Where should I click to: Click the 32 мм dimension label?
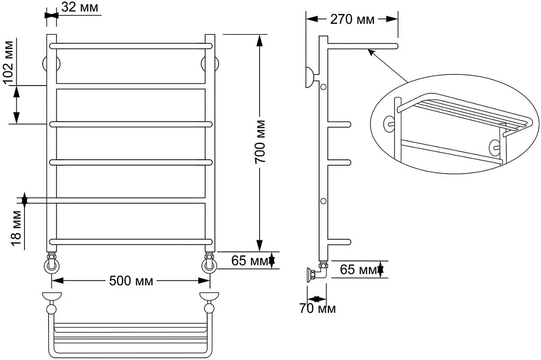tap(80, 7)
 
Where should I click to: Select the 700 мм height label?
tap(260, 141)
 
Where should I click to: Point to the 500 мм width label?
tap(131, 281)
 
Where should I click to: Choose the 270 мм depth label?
tap(352, 19)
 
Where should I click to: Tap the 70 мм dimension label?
tap(317, 308)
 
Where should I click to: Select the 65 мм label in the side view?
tap(358, 270)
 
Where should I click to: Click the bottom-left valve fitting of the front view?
tap(52, 263)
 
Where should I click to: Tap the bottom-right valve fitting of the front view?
tap(210, 263)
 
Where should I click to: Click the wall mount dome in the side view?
tap(309, 77)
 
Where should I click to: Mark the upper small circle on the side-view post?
tap(324, 87)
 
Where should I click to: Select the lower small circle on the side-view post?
tap(324, 201)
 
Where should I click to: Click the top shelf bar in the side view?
tap(362, 46)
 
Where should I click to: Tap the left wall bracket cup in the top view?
tap(52, 297)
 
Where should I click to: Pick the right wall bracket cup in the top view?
tap(209, 297)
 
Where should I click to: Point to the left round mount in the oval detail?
tap(389, 125)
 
